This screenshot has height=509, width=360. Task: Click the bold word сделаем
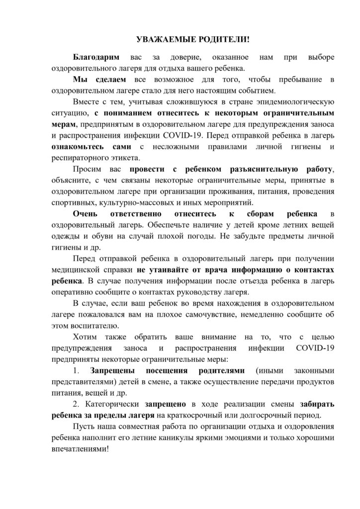coord(107,80)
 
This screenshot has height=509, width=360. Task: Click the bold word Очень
coord(85,214)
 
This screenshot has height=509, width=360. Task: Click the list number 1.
coord(76,370)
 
